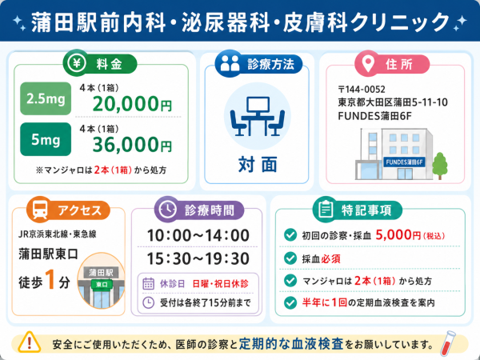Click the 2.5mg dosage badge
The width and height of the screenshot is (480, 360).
46,98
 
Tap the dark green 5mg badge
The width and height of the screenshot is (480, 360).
46,139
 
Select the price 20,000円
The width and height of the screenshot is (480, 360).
132,104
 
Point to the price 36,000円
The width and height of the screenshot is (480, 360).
132,145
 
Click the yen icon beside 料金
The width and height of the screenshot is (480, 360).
76,63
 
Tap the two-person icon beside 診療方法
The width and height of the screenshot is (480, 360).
230,63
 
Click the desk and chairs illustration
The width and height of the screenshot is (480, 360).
257,116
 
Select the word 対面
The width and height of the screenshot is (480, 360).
258,164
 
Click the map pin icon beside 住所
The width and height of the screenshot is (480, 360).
368,64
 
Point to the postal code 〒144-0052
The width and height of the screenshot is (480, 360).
362,90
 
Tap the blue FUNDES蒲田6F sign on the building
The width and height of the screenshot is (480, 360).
404,162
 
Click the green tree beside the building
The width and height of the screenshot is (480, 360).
440,166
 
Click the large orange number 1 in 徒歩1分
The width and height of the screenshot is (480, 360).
50,279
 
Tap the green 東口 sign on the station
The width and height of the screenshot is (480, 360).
102,284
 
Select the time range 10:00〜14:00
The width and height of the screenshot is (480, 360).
198,235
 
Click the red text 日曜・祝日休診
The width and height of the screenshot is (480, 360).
221,284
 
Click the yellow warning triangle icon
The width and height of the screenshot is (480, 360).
30,342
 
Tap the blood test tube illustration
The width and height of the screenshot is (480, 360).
447,343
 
